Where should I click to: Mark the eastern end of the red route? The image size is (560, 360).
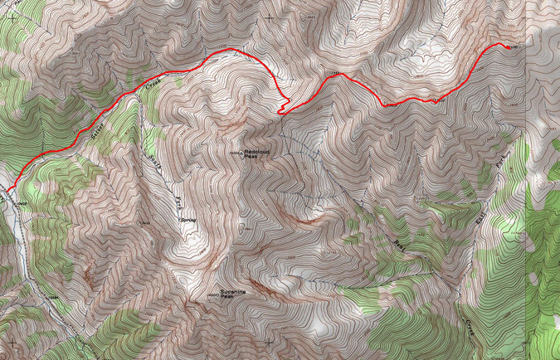pos(509,46)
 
